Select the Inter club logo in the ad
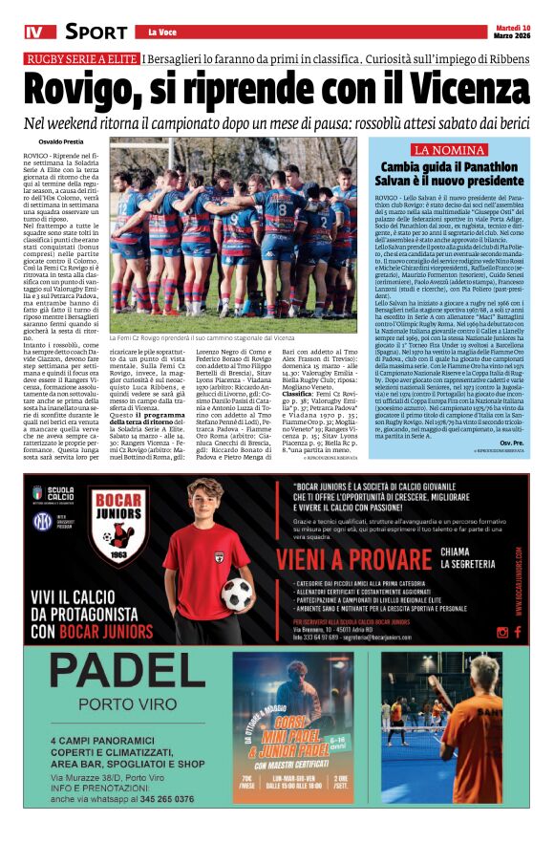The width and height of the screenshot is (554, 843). point(41,522)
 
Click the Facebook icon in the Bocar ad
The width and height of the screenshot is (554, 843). point(517,632)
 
